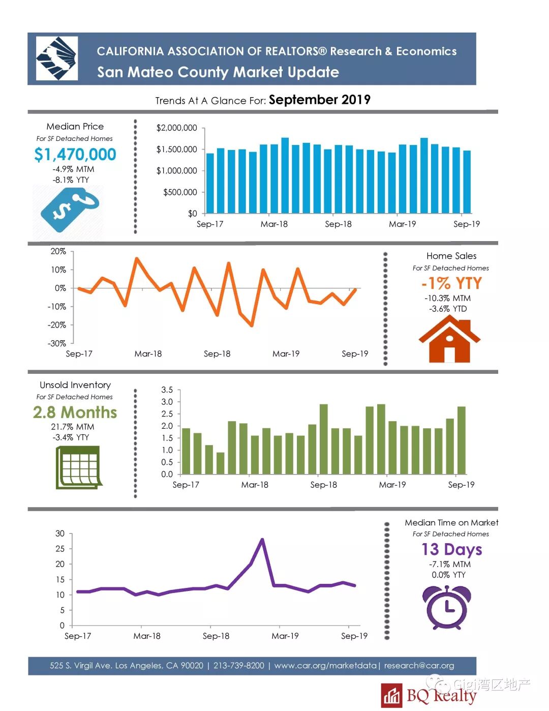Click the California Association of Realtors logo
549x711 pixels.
56,58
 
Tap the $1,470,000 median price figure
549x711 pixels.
75,154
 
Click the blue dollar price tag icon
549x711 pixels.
69,209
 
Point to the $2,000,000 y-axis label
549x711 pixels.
176,128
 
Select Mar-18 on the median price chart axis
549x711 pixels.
274,224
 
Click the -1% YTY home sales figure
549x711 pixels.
451,283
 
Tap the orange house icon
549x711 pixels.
449,339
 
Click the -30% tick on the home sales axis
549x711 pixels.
57,343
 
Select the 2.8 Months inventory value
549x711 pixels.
75,412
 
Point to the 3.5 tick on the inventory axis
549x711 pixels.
167,390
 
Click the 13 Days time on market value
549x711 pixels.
451,549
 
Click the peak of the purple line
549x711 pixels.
262,540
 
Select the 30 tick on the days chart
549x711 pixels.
60,534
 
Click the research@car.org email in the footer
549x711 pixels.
419,665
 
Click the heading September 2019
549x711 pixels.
319,100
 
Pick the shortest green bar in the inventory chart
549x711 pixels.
220,463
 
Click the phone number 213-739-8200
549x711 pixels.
239,665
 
